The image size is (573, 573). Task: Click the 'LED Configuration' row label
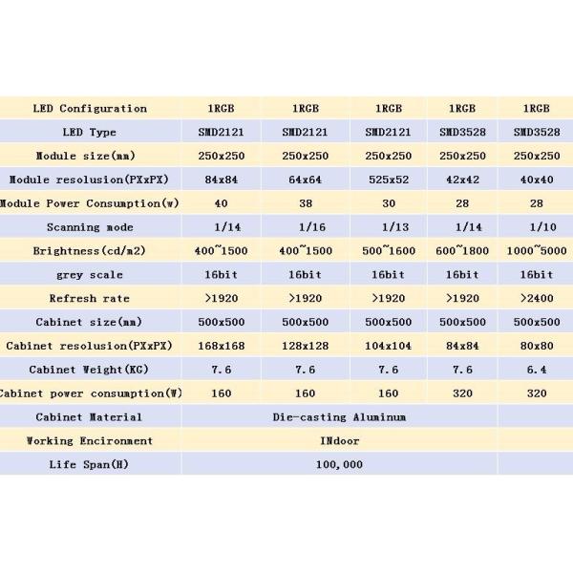91,108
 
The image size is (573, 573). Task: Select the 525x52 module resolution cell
388,179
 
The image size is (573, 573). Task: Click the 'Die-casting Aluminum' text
339,416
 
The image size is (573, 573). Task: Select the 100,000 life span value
338,464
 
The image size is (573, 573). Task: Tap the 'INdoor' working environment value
339,440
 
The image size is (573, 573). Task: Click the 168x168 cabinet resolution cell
221,346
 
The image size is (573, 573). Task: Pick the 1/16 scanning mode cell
307,226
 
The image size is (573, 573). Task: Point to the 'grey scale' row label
91,274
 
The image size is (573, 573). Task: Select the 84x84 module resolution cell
221,179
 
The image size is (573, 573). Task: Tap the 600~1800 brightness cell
462,250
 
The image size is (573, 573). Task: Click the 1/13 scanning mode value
388,226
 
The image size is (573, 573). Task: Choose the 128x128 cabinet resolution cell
307,346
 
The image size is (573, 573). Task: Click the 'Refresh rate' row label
91,298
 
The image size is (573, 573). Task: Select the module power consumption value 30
388,202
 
